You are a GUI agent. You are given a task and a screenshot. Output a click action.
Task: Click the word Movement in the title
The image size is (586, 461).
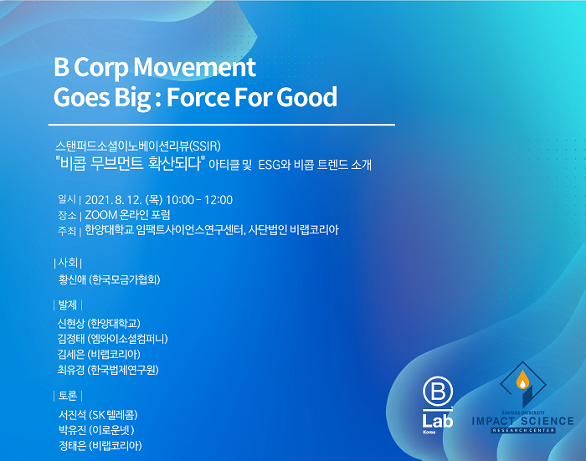(x=194, y=67)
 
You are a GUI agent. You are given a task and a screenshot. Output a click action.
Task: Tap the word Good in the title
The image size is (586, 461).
(x=306, y=97)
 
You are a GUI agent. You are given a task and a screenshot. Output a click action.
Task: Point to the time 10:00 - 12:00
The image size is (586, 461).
(x=199, y=200)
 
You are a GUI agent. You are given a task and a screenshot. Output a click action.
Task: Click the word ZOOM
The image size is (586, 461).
(x=101, y=215)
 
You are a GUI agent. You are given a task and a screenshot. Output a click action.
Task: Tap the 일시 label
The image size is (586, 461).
(x=67, y=199)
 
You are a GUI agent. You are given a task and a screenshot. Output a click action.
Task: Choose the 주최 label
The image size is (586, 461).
(x=67, y=231)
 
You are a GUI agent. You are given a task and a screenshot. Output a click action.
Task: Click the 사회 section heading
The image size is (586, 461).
(x=68, y=263)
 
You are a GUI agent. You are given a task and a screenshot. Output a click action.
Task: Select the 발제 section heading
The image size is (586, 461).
(x=68, y=305)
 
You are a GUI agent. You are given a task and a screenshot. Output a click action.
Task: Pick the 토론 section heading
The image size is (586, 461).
(x=68, y=396)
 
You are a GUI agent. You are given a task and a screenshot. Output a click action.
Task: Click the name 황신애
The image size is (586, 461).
(x=72, y=279)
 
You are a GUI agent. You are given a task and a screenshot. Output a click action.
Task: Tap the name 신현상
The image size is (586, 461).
(x=71, y=323)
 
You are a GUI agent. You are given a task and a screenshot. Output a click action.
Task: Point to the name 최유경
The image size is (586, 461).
(x=71, y=370)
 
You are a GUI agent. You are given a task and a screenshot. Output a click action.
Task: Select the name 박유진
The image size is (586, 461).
(x=73, y=430)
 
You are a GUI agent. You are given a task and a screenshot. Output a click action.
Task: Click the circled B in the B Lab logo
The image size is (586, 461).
(x=438, y=392)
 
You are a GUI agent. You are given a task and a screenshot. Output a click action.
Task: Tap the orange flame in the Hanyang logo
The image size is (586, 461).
(x=522, y=380)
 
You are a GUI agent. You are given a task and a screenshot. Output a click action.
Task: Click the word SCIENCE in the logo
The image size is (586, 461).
(x=547, y=422)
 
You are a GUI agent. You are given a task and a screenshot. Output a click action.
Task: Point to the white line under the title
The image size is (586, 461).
(x=222, y=125)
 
